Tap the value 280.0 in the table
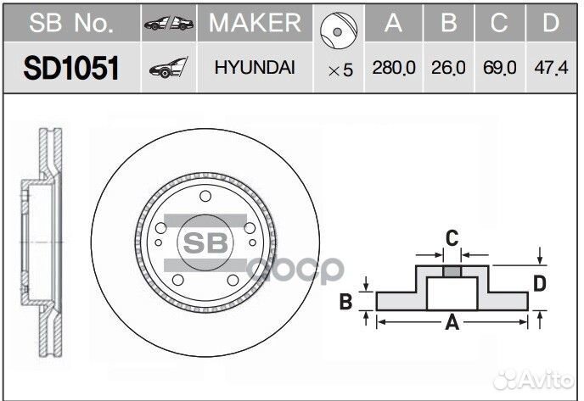[393, 69]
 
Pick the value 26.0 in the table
[448, 69]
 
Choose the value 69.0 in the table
[499, 69]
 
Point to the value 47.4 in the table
[551, 69]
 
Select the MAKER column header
[255, 23]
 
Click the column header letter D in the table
[551, 23]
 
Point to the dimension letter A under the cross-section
[452, 322]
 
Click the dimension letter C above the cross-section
[452, 237]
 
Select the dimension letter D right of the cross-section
[539, 283]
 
